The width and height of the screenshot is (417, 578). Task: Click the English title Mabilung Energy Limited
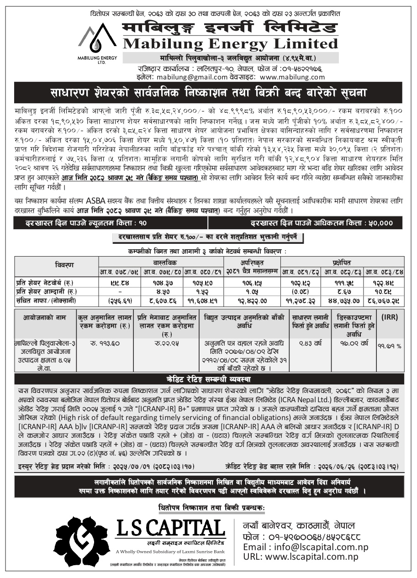[x=230, y=44]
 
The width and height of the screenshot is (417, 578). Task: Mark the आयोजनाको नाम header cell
[x=45, y=317]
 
